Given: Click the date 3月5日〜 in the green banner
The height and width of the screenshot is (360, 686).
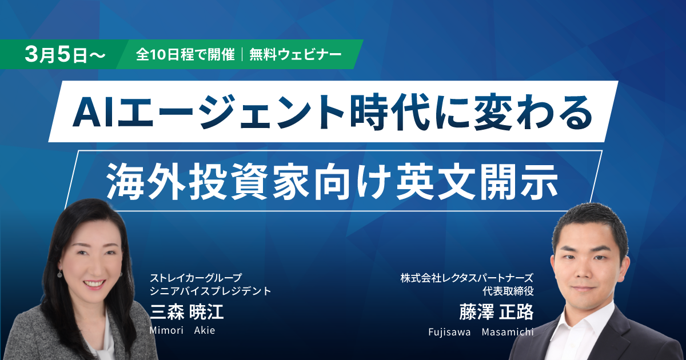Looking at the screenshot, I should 65,55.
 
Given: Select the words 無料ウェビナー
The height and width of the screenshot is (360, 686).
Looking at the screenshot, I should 296,55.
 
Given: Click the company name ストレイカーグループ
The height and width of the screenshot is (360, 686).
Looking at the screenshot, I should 196,278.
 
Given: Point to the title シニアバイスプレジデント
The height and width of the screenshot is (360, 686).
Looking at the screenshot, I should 210,291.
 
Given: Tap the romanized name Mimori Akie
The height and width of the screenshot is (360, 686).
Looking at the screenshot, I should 182,330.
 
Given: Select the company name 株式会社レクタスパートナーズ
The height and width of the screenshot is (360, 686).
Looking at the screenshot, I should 466,278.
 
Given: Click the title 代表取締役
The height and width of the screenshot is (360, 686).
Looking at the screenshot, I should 508,291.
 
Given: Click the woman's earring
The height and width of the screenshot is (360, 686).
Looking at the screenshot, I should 60,275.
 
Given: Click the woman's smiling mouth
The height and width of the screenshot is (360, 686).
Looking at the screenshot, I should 94,283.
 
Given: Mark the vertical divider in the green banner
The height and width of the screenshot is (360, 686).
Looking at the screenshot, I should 243,55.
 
